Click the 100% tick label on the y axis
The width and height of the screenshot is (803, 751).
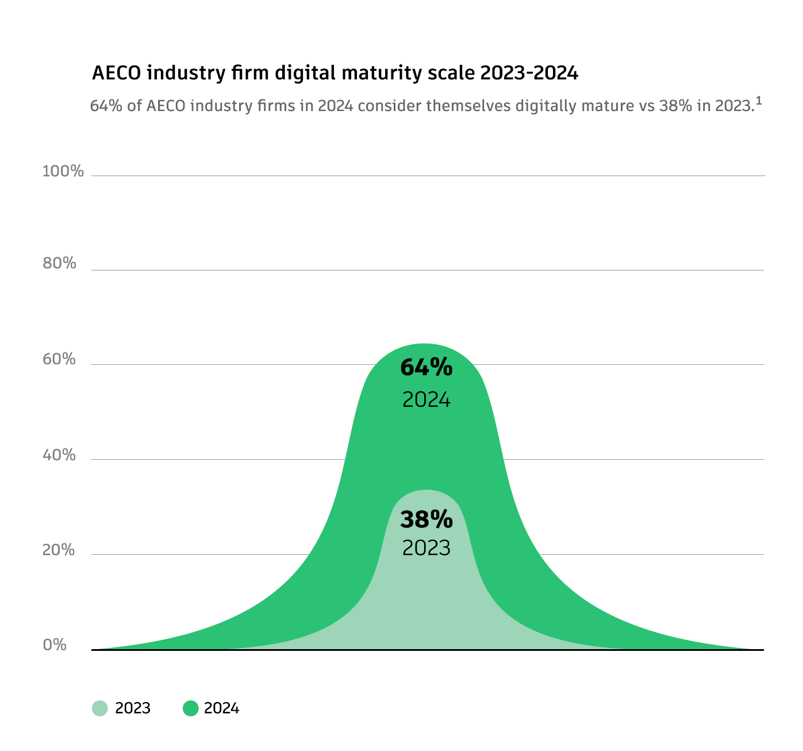click(63, 171)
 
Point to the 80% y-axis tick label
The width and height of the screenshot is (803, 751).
click(60, 264)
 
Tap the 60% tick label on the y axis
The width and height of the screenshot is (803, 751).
click(60, 359)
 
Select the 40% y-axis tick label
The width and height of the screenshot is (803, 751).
click(60, 455)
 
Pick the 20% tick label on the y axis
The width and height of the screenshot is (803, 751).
click(60, 550)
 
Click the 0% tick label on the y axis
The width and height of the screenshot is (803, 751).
click(55, 645)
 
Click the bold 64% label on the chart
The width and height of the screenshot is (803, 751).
click(426, 368)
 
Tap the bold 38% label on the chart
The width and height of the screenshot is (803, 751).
click(426, 520)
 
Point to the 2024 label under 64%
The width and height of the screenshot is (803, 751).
click(426, 399)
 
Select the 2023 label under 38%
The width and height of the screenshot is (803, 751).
click(426, 548)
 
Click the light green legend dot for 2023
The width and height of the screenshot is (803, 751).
click(99, 708)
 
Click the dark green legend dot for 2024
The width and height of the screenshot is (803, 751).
click(190, 708)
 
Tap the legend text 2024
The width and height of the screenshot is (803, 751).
click(221, 708)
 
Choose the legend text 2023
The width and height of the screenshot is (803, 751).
click(133, 708)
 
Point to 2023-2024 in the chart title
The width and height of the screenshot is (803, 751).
click(529, 74)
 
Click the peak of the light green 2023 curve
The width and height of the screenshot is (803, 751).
click(425, 490)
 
